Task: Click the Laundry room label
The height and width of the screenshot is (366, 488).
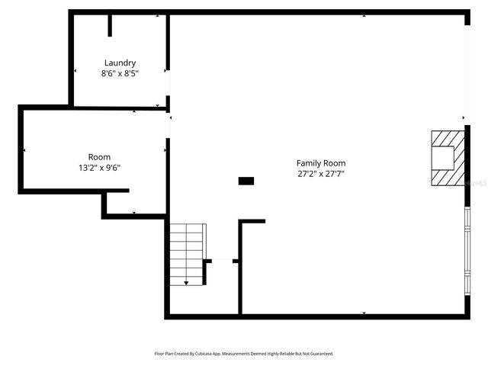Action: (120, 63)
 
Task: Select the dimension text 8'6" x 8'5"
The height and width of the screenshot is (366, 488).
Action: (120, 73)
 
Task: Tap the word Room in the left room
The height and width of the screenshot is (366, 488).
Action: (99, 157)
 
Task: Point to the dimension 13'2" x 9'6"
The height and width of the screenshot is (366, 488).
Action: (99, 168)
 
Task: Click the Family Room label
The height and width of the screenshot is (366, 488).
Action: (320, 163)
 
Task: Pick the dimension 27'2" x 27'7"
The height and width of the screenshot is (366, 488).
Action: (320, 174)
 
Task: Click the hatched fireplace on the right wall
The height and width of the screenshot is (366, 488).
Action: (446, 158)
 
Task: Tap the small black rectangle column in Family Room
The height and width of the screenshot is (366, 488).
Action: (246, 181)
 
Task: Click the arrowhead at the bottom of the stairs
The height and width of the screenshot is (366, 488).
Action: (187, 283)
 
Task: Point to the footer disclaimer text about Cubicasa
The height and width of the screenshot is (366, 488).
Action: (244, 354)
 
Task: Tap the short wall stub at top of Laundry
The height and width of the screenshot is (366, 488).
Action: (110, 25)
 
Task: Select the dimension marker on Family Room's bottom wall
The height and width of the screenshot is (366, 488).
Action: (364, 313)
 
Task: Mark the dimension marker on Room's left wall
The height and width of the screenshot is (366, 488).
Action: (24, 150)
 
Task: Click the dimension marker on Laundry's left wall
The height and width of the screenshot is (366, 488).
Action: (75, 71)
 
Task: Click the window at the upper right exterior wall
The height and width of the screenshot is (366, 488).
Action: (467, 69)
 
